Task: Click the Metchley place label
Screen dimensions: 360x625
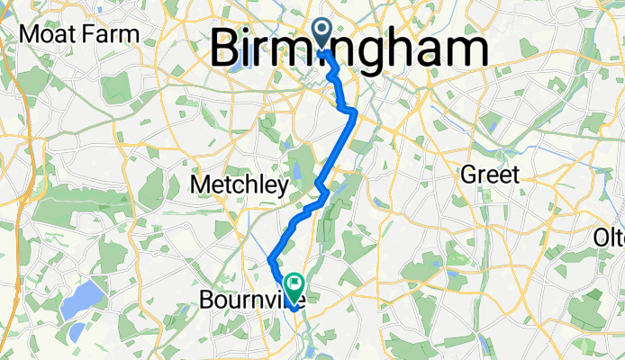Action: pyautogui.click(x=240, y=186)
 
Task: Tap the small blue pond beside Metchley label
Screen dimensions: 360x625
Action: pyautogui.click(x=297, y=172)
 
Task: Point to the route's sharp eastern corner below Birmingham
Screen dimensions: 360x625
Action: pyautogui.click(x=356, y=112)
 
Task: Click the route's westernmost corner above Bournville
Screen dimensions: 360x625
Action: pyautogui.click(x=270, y=260)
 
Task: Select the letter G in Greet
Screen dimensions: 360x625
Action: pyautogui.click(x=469, y=175)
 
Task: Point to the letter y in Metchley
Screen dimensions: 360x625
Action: pyautogui.click(x=282, y=188)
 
